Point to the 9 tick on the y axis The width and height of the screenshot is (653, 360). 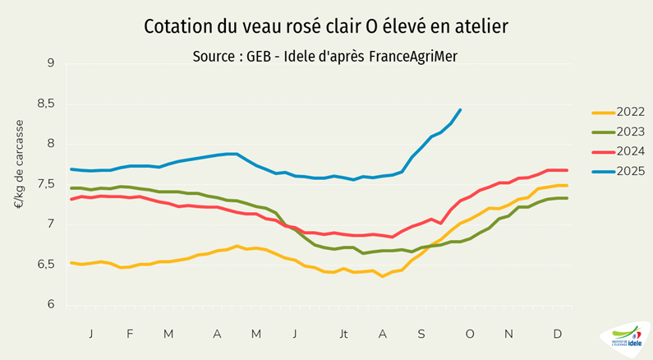coord(50,63)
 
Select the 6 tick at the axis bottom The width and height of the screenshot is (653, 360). coord(50,304)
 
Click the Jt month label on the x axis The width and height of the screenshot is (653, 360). coord(343,334)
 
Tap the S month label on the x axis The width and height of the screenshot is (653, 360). coord(421,334)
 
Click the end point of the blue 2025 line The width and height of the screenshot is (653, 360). coord(460,109)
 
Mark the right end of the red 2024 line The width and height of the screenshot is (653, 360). coord(567,170)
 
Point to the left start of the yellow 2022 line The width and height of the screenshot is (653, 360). coord(71,262)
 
